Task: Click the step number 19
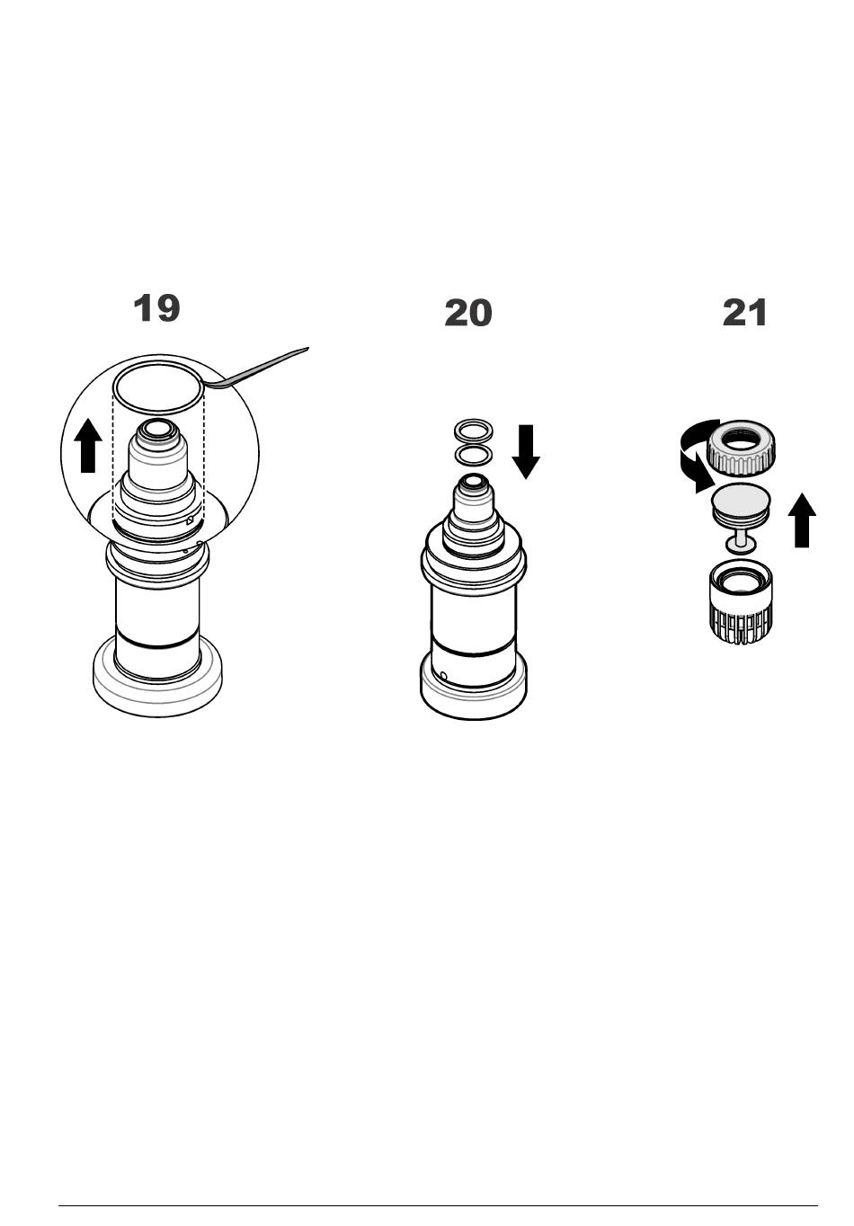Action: [x=156, y=308]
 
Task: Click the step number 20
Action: [x=467, y=314]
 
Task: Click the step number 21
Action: [x=745, y=314]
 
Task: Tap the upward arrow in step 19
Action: [x=87, y=447]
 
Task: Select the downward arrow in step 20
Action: [x=526, y=451]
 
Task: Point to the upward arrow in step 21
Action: [x=802, y=522]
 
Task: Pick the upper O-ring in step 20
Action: [x=474, y=429]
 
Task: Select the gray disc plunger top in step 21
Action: [x=743, y=499]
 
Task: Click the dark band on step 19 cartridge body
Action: [x=158, y=644]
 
